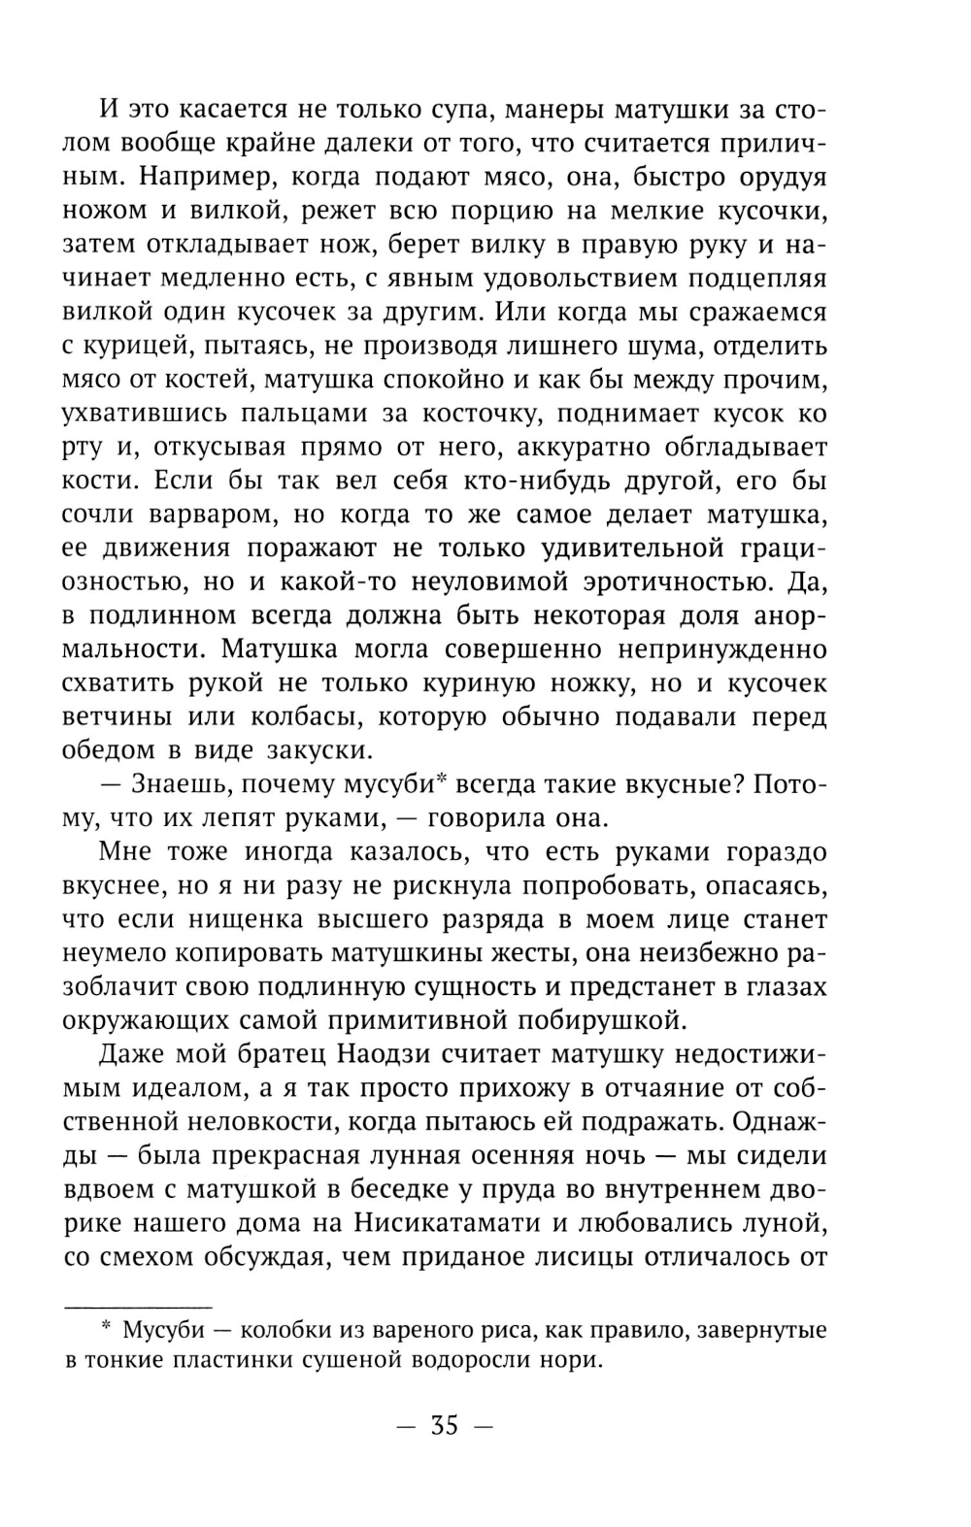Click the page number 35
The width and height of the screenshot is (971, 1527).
446,1426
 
